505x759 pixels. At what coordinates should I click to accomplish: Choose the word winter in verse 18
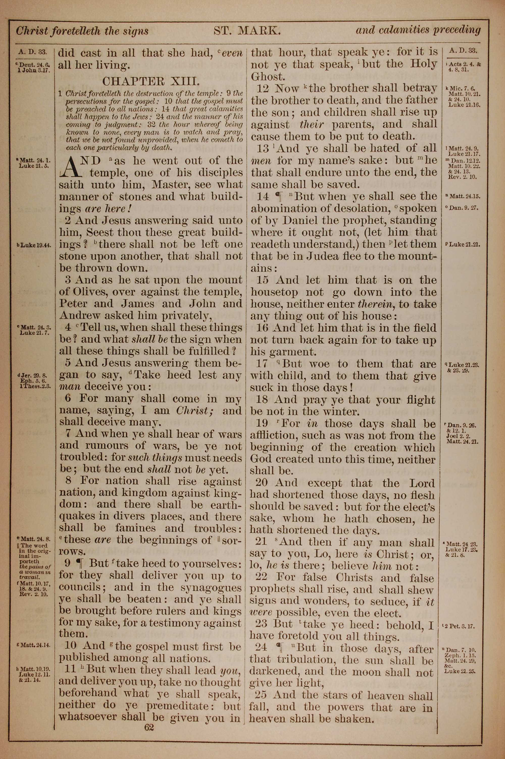click(340, 412)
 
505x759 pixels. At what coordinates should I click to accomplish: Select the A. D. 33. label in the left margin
click(33, 51)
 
